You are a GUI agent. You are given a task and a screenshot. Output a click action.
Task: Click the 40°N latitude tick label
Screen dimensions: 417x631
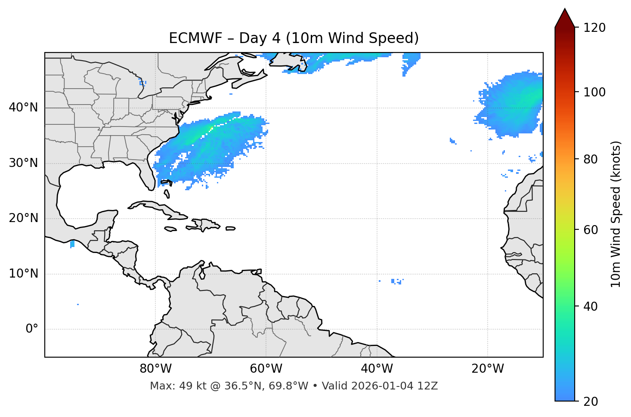23,108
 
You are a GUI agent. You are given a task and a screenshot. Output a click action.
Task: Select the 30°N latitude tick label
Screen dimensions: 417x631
23,163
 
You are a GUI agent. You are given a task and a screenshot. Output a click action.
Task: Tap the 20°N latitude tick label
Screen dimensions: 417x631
23,218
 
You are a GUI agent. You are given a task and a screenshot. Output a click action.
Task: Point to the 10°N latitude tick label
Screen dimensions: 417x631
23,274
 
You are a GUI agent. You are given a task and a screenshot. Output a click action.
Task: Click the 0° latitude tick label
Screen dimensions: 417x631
31,329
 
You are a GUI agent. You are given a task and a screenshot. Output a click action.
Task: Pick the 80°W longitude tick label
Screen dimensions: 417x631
155,369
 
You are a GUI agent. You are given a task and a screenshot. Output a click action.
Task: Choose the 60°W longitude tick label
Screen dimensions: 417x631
266,369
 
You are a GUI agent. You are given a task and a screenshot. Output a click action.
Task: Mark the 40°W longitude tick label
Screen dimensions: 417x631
377,369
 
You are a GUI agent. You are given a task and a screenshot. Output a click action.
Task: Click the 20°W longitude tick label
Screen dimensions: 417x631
487,369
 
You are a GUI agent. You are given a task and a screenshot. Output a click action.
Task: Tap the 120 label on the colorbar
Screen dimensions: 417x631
594,28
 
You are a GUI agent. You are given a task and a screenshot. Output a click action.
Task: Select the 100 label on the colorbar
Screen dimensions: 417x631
594,92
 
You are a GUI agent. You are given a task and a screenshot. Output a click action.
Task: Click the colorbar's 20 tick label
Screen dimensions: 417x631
591,402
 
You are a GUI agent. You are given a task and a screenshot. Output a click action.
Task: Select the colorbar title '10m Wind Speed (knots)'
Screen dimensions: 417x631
616,214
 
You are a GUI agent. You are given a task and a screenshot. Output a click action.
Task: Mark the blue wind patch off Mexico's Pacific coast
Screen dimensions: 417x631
72,244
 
